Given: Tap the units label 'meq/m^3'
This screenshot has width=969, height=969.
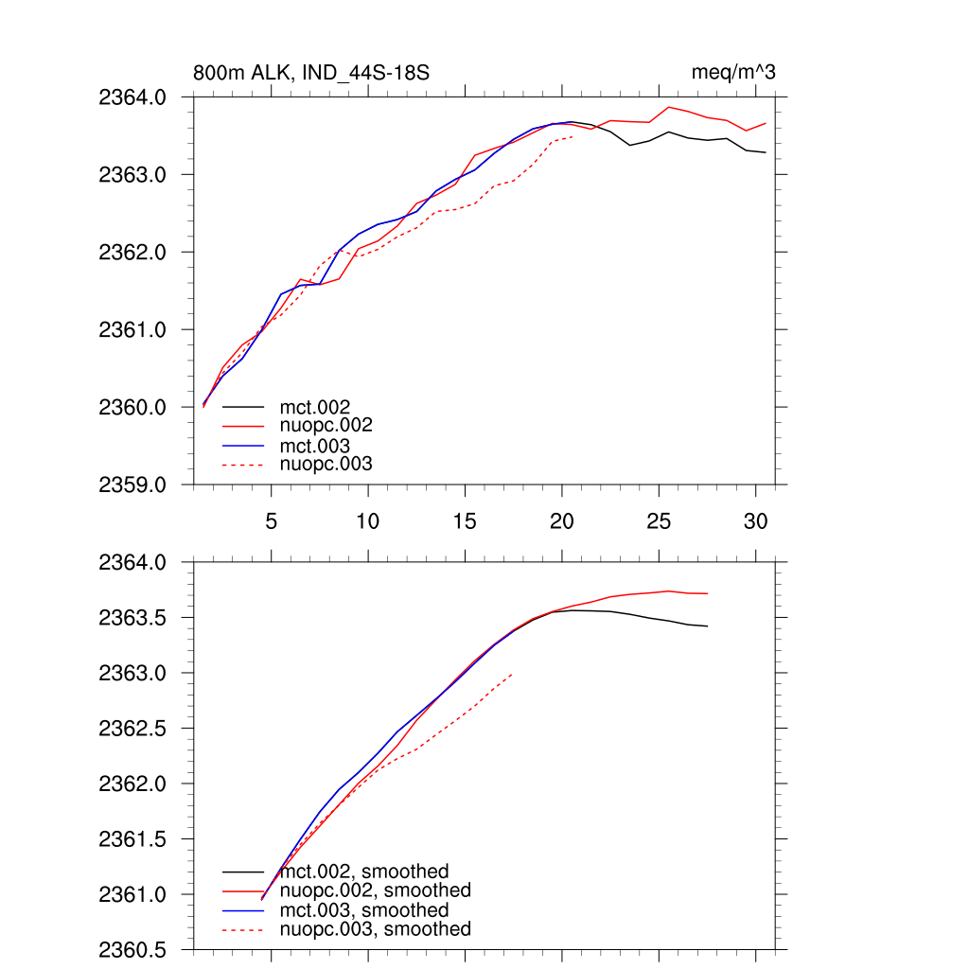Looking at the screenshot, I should coord(734,73).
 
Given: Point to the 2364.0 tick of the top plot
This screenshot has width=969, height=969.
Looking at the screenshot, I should coord(132,97).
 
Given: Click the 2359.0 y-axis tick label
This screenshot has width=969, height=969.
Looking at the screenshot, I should coord(132,485).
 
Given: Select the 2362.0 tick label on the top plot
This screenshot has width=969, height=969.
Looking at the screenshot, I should coord(132,253).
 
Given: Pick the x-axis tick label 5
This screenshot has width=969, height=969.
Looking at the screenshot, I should coord(272,521).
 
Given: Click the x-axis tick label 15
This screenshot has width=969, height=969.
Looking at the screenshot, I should coord(465,521).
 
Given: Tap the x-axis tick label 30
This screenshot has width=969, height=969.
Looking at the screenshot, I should coord(754,521).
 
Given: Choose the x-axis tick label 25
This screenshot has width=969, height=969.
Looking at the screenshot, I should coord(658,521).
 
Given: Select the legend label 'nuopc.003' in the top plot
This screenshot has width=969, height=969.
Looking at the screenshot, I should coord(326,465).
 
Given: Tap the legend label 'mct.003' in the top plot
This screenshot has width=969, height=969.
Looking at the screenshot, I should coord(314,446).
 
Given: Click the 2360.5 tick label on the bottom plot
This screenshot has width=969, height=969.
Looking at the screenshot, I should coord(132,950).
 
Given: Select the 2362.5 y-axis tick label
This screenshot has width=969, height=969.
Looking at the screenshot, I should coord(132,729).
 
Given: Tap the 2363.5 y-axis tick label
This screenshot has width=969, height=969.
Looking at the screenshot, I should coord(132,618).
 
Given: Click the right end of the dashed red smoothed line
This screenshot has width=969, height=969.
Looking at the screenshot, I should coord(512,675).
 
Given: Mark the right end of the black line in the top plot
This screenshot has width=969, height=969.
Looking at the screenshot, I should coord(765,152).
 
